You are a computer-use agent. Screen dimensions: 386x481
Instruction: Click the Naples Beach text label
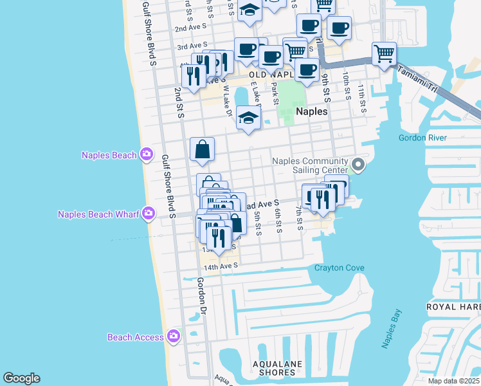coord(109,155)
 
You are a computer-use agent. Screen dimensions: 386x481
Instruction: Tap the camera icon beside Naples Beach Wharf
coord(149,213)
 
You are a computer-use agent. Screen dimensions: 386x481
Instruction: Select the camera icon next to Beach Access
coord(173,336)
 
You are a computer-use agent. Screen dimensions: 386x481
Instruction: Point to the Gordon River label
coord(422,138)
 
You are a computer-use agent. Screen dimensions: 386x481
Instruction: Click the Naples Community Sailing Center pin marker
coord(359,166)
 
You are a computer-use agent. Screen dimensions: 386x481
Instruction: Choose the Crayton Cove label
coord(340,268)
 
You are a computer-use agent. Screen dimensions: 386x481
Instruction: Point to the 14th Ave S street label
coord(221,266)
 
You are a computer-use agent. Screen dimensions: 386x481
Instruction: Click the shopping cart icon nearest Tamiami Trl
coord(384,53)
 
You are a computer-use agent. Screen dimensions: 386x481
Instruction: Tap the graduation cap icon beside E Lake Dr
coord(248,118)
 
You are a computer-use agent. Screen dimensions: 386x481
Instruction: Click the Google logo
coord(21,378)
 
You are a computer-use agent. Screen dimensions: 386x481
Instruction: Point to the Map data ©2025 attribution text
coord(453,381)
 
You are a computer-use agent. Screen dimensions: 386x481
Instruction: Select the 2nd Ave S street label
coord(190,28)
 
